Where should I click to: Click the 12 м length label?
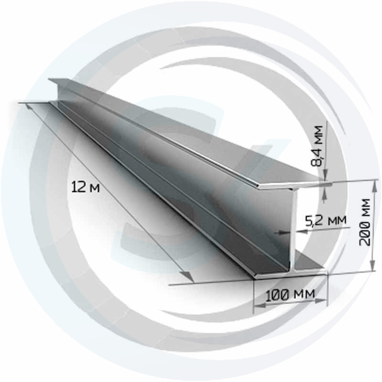tap(85, 187)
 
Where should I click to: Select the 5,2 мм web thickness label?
tap(326, 221)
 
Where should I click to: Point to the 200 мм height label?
tap(365, 222)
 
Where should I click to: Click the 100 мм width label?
tap(290, 295)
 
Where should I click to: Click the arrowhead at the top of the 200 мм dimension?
tap(375, 186)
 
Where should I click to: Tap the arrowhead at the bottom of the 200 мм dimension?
tap(372, 265)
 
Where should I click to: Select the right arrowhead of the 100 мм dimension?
tap(320, 301)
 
